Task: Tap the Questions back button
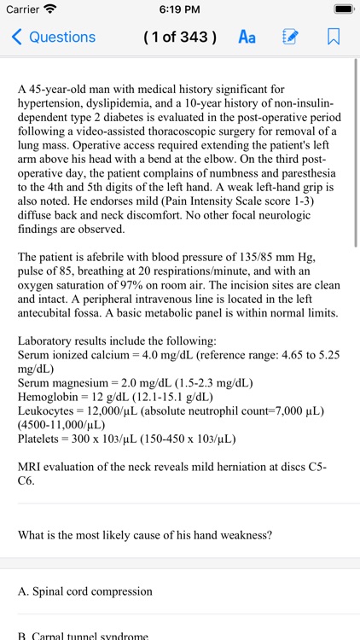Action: pos(53,37)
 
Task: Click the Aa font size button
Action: pos(247,37)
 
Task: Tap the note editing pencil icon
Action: pos(290,37)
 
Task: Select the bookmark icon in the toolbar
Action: pos(334,37)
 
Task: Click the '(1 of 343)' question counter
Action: pos(179,37)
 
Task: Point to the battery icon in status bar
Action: pos(343,9)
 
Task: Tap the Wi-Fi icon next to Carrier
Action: pos(50,9)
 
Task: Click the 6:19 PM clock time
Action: pos(179,9)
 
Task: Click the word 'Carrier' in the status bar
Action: pos(23,9)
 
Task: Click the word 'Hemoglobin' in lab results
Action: pos(49,397)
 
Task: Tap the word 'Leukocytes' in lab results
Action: pos(46,411)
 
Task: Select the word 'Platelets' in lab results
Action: pos(39,439)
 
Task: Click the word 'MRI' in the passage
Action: pos(30,468)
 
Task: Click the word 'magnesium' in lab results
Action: pos(83,383)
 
